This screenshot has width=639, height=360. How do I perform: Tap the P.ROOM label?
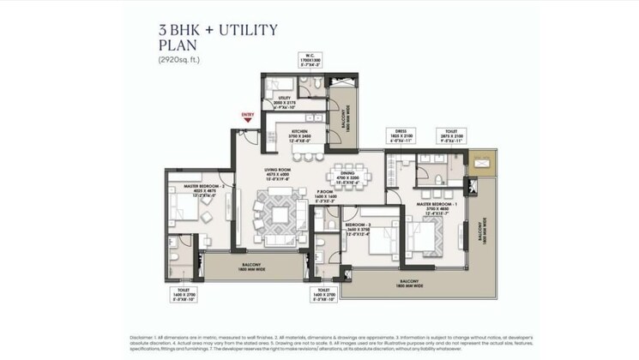click(326, 193)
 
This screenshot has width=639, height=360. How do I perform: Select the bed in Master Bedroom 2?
click(185, 208)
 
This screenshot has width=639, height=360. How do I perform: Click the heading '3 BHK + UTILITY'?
click(217, 31)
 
